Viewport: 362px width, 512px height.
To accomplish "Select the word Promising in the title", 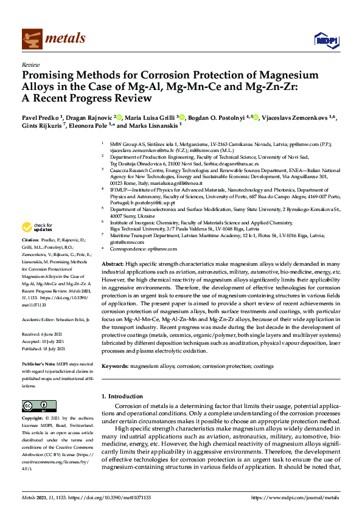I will (x=49, y=76).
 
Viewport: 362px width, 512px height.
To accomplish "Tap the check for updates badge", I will (x=35, y=227).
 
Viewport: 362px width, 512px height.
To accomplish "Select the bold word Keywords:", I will (x=115, y=367).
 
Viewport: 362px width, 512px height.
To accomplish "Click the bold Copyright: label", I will (x=33, y=418).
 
